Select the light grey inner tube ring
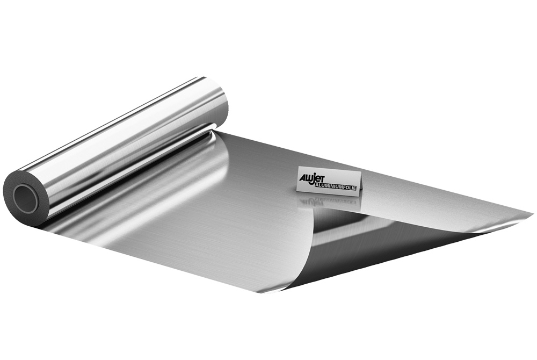18,199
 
